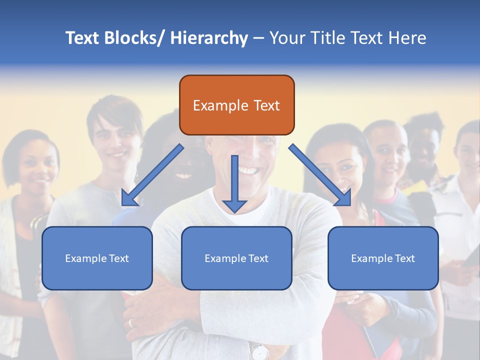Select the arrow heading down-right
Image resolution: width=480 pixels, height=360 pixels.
(x=320, y=175)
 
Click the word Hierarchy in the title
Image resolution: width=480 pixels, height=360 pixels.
(x=209, y=38)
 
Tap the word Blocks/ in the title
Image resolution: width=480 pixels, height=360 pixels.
(x=132, y=38)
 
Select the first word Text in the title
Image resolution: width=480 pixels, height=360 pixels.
(x=82, y=38)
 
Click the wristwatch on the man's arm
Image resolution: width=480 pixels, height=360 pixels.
(x=259, y=351)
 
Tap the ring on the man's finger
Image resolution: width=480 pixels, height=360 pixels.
(x=131, y=323)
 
